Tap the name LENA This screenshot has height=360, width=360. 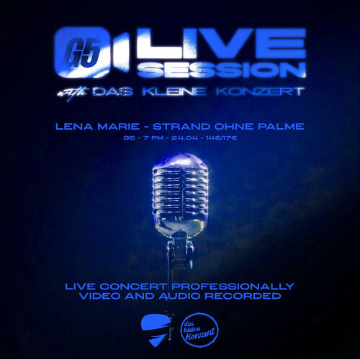point(73,127)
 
